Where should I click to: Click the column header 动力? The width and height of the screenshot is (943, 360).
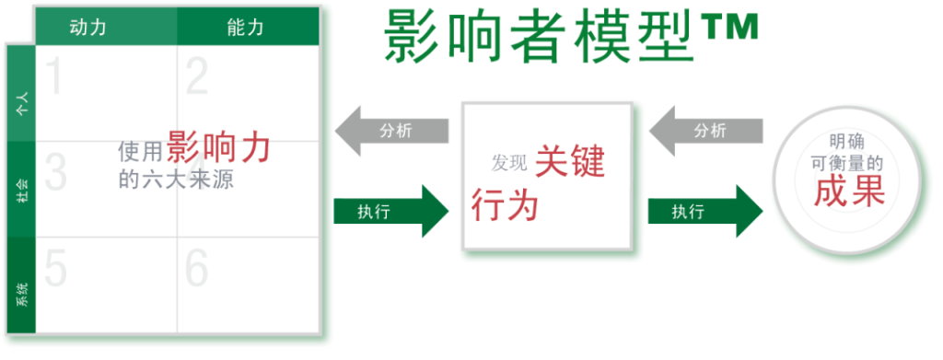point(87,28)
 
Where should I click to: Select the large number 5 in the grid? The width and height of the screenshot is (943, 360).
point(55,268)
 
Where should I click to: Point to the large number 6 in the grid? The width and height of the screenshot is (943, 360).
point(197,268)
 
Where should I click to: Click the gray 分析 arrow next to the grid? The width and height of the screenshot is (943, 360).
point(390,131)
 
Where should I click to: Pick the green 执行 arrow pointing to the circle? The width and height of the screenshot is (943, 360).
point(705,211)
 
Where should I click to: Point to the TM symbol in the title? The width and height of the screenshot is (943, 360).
point(731,29)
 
